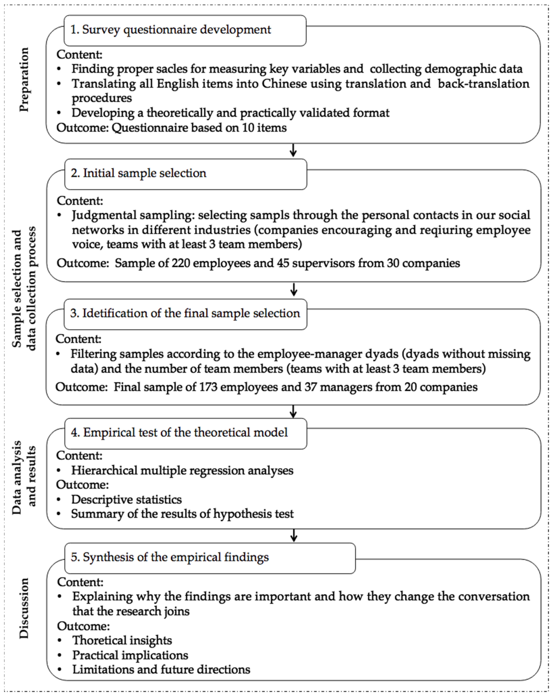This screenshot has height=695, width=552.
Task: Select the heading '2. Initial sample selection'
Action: (139, 173)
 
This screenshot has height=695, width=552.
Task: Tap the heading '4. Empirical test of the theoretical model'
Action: (179, 432)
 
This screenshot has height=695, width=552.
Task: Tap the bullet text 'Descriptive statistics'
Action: (126, 499)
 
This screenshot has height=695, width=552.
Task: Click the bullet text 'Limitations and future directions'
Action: (161, 670)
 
